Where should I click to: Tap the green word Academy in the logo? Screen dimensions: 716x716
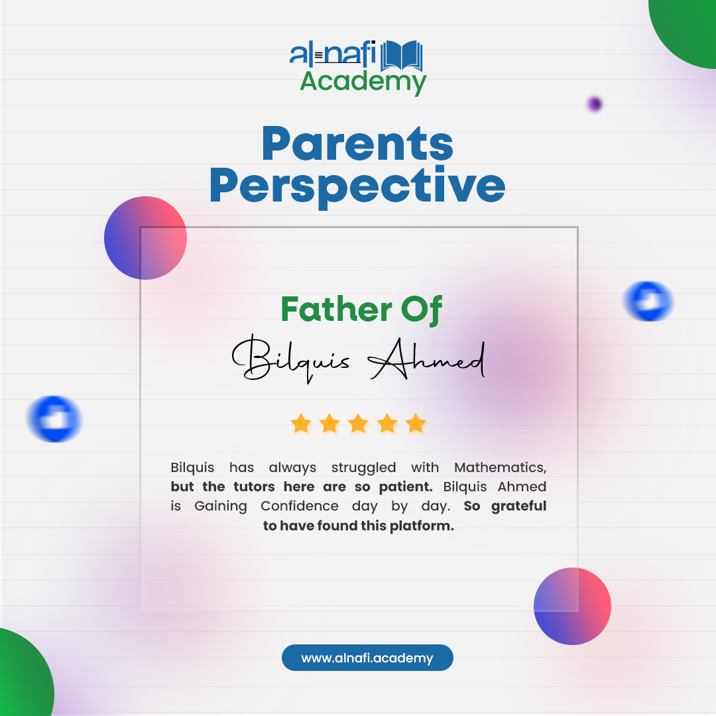(363, 82)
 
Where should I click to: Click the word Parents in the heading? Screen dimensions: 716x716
(357, 144)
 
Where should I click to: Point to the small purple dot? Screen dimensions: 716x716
(594, 104)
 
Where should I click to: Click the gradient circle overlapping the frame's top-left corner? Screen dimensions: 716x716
(145, 238)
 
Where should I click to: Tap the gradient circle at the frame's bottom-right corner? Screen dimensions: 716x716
(572, 606)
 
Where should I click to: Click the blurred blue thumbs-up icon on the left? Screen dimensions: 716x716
(54, 419)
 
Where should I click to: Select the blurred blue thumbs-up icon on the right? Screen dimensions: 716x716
(648, 301)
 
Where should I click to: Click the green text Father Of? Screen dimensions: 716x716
(361, 310)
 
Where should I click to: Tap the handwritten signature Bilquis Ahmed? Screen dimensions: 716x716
(359, 360)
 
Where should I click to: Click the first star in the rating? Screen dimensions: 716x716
(301, 423)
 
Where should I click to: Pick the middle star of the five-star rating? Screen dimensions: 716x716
(358, 423)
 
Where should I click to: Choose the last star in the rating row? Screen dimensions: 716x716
(416, 423)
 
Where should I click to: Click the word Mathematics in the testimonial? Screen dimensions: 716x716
(500, 467)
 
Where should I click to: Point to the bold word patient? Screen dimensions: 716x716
(405, 487)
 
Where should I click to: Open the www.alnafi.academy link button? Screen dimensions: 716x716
(367, 658)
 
